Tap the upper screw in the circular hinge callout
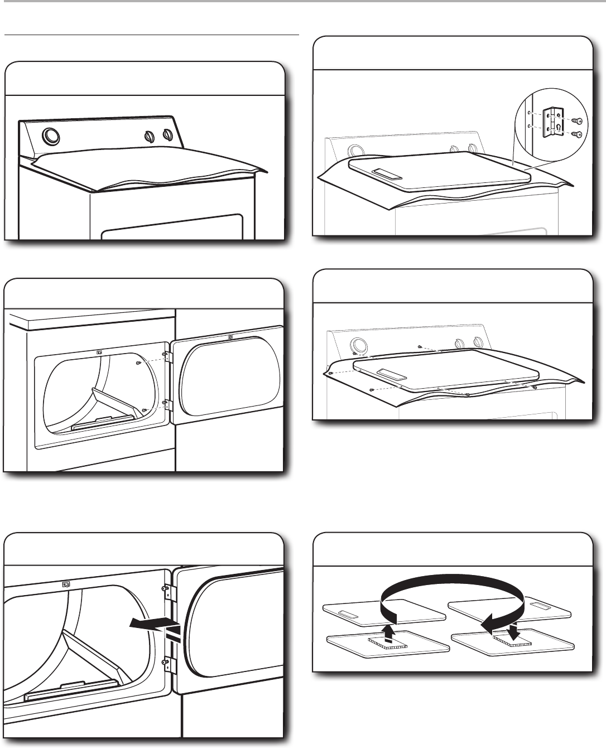click(577, 121)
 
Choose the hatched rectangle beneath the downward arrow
click(513, 643)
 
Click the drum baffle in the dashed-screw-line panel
click(112, 397)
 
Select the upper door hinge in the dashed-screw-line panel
click(165, 354)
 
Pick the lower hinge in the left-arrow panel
click(166, 664)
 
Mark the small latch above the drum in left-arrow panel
click(66, 584)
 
